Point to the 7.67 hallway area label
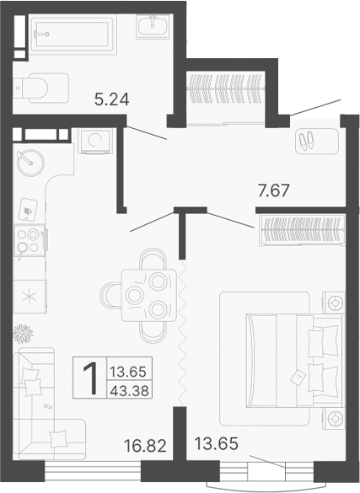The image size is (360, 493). coord(273,191)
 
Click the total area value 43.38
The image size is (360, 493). coord(132,389)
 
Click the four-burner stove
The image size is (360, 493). coord(30,243)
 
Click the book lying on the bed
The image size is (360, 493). coord(299,374)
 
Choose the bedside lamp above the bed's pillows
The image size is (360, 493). coord(336,302)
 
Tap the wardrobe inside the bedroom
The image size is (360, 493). coord(300,228)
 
